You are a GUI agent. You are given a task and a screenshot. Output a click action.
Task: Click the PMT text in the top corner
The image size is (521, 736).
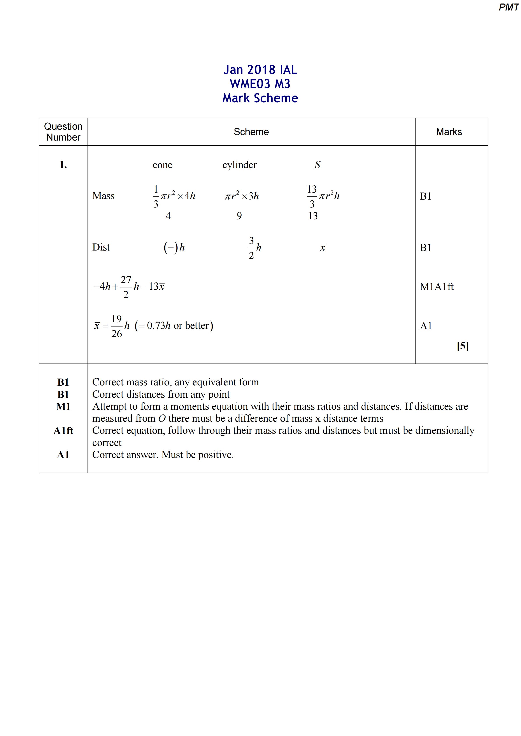point(508,7)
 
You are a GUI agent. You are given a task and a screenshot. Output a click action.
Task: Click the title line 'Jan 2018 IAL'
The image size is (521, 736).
point(260,70)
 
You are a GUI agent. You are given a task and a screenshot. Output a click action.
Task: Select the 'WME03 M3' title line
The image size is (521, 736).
point(260,84)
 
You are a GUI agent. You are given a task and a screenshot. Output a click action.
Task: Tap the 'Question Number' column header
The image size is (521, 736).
point(63,132)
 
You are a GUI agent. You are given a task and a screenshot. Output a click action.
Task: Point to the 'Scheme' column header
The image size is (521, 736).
point(251,132)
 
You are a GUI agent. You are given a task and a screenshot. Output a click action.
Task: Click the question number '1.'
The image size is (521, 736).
point(63,165)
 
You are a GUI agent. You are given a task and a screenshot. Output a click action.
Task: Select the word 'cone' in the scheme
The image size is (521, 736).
point(162,165)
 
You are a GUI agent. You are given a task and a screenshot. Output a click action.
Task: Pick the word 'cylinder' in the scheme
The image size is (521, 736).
point(239,165)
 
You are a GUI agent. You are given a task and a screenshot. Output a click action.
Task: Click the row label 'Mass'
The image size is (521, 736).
point(103,196)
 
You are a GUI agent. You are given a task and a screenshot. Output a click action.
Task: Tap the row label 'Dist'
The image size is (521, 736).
point(101,247)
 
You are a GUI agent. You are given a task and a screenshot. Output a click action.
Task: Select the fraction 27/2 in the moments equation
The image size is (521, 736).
point(126,287)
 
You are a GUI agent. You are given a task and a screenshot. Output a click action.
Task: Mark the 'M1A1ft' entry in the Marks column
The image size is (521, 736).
point(437,287)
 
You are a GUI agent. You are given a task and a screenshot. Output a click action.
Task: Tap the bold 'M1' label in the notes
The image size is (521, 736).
point(63,406)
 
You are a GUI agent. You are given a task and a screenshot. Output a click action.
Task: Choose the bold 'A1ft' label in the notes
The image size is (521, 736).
point(63,430)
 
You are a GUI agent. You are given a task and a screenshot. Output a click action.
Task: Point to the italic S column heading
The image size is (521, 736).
point(318,165)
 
